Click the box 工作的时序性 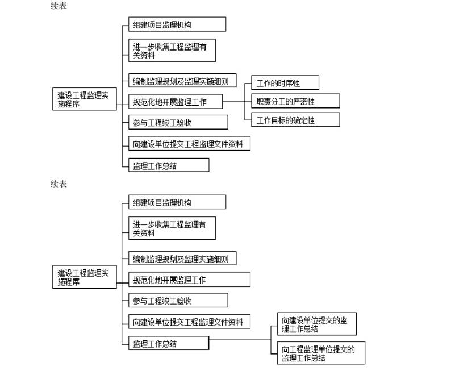(285, 82)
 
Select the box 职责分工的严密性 (295, 101)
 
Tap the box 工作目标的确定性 (295, 119)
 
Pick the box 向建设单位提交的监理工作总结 (317, 324)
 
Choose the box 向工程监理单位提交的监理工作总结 (321, 353)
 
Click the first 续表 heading (59, 6)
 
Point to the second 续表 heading (59, 184)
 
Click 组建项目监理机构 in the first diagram (177, 24)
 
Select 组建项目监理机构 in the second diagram (177, 202)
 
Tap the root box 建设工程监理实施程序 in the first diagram (85, 99)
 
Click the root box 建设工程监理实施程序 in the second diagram (85, 277)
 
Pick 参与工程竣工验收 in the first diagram (178, 122)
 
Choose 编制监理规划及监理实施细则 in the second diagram (182, 258)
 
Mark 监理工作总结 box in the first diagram (169, 165)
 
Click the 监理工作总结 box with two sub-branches (169, 343)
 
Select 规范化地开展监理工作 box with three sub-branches (176, 101)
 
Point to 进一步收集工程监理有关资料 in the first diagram (172, 51)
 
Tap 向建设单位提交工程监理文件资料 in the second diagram (189, 322)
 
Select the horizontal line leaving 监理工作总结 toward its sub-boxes (240, 340)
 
